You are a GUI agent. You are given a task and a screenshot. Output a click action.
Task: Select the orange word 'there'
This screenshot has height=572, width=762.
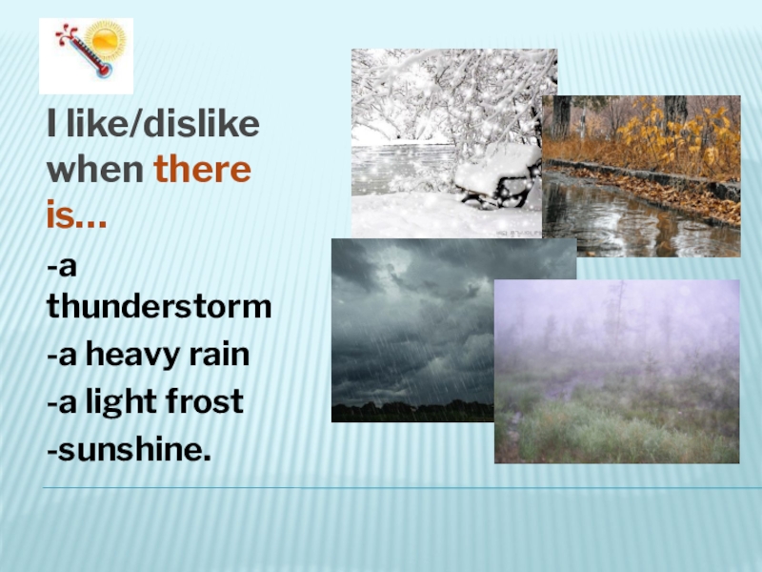tap(202, 173)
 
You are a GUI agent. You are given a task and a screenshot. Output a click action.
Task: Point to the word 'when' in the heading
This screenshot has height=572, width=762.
tap(95, 173)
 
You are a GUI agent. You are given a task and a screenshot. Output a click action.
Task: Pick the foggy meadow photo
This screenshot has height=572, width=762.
tap(616, 371)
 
